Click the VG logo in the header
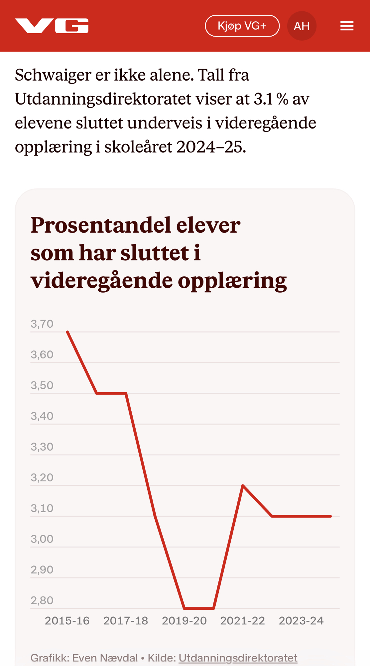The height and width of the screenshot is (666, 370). [x=52, y=26]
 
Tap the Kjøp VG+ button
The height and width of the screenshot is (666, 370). [x=242, y=26]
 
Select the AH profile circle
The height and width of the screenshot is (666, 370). [x=302, y=26]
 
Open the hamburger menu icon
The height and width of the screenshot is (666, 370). [x=347, y=26]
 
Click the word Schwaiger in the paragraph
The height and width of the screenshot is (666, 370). [x=53, y=75]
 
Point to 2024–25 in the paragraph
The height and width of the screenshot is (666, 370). [x=211, y=147]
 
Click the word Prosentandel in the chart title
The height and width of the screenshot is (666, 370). [x=100, y=225]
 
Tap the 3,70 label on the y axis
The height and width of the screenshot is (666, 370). [x=42, y=324]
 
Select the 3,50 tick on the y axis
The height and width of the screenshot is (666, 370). [x=42, y=385]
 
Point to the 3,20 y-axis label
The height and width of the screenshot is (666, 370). [x=42, y=478]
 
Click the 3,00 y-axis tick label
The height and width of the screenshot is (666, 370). [x=42, y=539]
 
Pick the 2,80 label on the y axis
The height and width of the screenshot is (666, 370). [x=42, y=600]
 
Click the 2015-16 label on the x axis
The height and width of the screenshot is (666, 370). [x=67, y=621]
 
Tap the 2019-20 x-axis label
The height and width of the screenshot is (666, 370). [x=184, y=621]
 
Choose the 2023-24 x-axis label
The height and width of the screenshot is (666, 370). [x=301, y=621]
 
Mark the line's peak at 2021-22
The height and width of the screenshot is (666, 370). [x=243, y=486]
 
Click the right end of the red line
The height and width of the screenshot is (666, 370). [x=330, y=516]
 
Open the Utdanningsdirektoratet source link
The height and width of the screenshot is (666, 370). [x=238, y=658]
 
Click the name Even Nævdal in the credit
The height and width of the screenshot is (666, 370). [x=105, y=658]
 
